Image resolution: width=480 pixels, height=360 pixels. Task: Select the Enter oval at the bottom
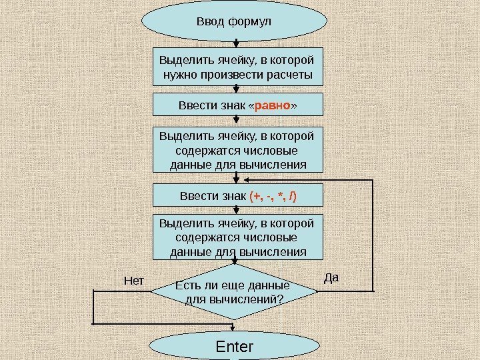[x=234, y=347]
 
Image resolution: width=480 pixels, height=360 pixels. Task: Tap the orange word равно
[x=273, y=105]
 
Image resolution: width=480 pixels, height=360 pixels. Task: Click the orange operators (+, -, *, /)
[x=273, y=197]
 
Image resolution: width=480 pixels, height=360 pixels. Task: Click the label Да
[x=331, y=277]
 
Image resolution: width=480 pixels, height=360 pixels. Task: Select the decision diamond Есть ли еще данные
[x=234, y=292]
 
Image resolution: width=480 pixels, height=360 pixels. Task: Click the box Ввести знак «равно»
[x=238, y=105]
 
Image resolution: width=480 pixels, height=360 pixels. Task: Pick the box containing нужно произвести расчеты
[x=238, y=67]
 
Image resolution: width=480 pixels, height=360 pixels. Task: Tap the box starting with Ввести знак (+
[x=238, y=197]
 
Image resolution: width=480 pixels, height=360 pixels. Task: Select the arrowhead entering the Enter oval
[x=234, y=329]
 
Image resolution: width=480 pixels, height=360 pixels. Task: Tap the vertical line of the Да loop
[x=371, y=233]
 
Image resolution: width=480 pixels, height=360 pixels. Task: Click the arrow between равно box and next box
[x=237, y=121]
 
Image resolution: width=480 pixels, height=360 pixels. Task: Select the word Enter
[x=235, y=347]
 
